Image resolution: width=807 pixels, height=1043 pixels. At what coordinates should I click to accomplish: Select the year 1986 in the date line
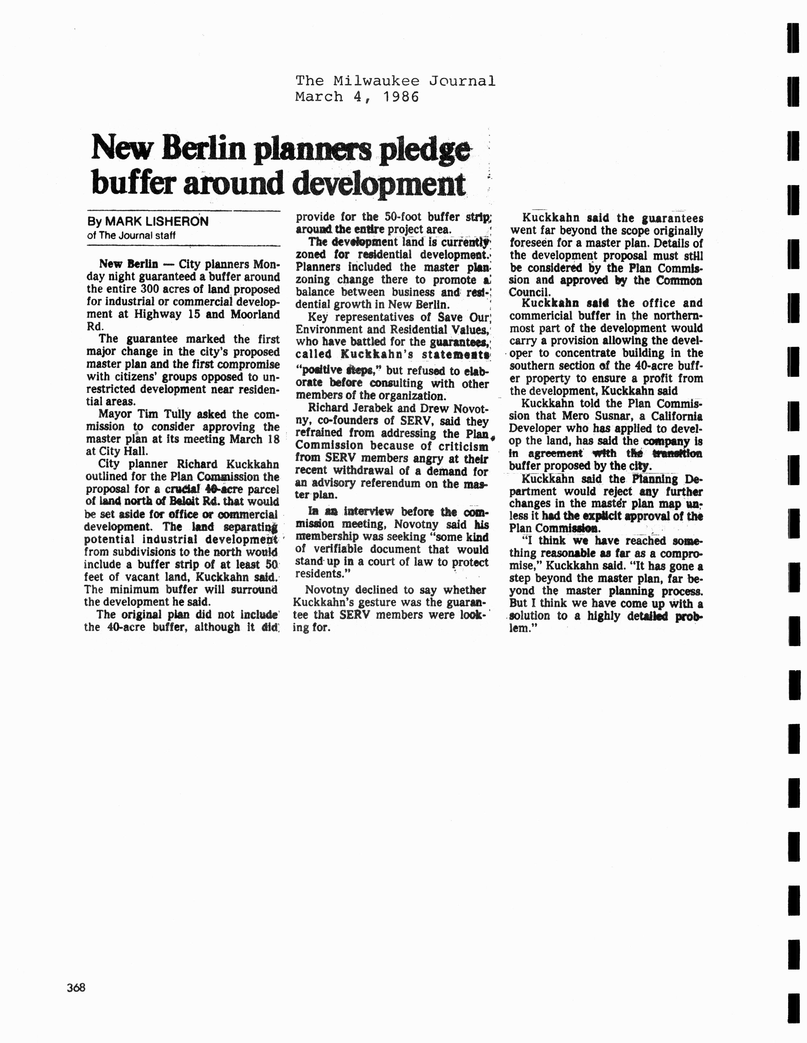(400, 97)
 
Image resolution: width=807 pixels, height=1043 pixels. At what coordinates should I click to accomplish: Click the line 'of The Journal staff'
(131, 235)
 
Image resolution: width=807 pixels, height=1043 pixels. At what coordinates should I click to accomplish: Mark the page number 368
(76, 987)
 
